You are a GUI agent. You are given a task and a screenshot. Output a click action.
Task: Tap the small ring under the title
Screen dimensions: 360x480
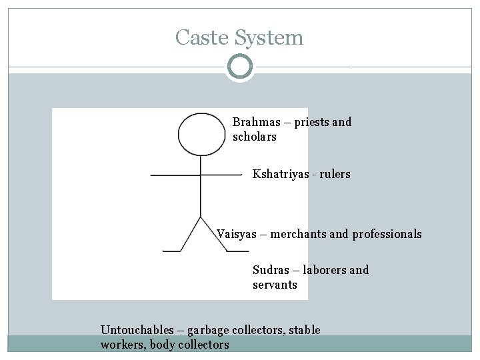click(x=239, y=67)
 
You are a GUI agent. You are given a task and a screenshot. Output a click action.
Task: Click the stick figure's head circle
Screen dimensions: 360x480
click(x=201, y=135)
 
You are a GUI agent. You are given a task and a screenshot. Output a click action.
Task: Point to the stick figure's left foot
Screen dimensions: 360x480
click(x=173, y=251)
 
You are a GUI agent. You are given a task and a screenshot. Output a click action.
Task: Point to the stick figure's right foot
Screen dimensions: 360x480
click(x=238, y=251)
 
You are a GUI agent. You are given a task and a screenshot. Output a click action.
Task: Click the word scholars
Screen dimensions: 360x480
click(x=255, y=137)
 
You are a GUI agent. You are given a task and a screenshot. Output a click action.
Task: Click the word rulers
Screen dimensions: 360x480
click(x=335, y=175)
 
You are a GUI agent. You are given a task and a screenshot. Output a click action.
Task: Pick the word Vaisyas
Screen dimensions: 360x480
click(x=237, y=235)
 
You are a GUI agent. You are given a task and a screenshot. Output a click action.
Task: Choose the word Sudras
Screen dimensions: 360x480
click(x=271, y=270)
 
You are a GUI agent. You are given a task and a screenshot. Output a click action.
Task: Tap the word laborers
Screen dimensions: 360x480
click(x=325, y=270)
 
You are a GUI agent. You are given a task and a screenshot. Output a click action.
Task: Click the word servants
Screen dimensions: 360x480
click(x=275, y=285)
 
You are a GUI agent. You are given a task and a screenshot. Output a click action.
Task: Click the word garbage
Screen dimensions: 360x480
click(x=209, y=330)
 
